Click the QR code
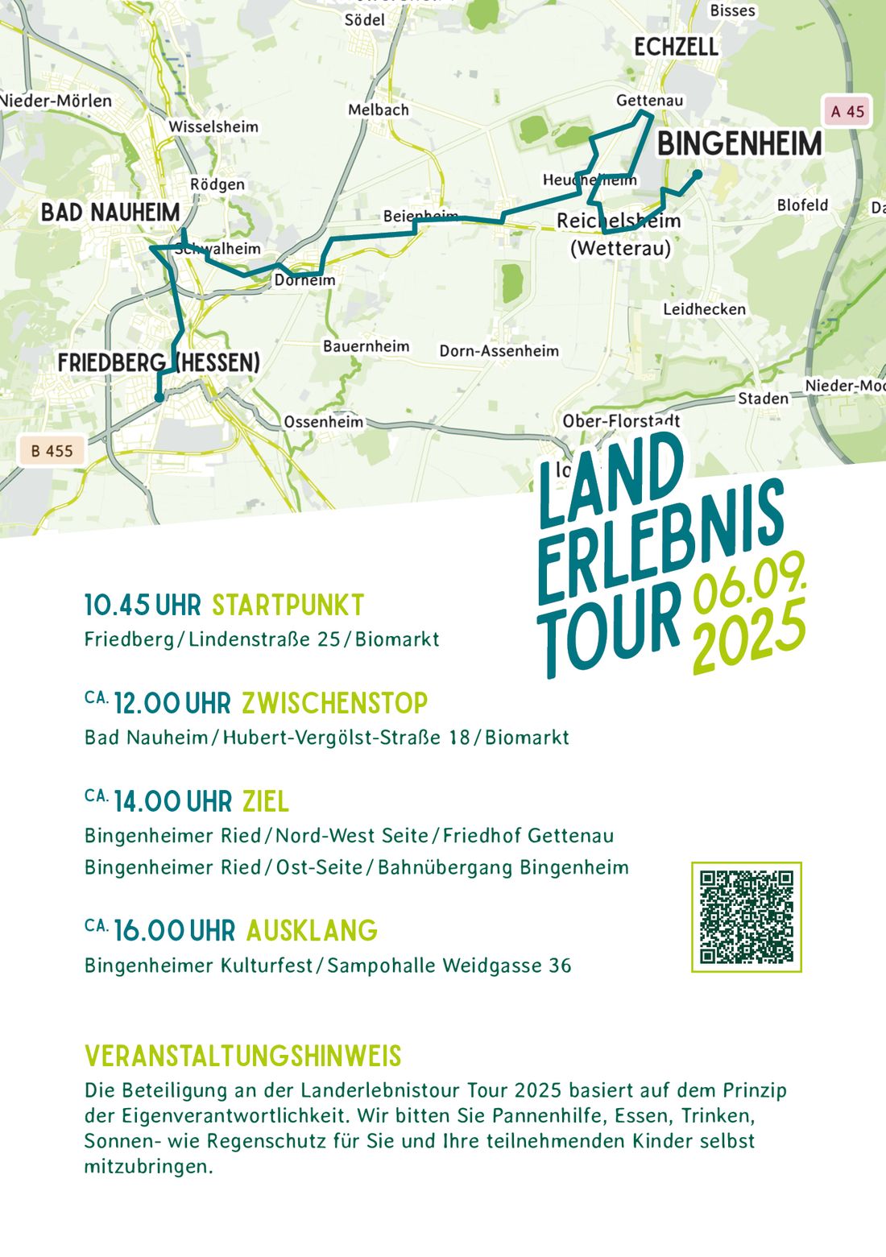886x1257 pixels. (x=747, y=916)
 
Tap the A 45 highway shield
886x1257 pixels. (x=847, y=111)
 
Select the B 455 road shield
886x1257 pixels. (x=52, y=451)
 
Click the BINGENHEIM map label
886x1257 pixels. (x=739, y=145)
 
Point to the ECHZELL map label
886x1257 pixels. (x=676, y=48)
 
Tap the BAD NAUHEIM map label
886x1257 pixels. (x=110, y=213)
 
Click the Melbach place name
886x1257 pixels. (x=379, y=110)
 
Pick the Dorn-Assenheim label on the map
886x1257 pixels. (x=499, y=351)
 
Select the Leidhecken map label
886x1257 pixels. (x=704, y=309)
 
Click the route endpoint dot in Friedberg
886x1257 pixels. (x=159, y=397)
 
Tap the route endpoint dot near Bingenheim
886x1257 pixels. (x=697, y=174)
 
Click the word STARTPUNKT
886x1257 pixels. (x=288, y=606)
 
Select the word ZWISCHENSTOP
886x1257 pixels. (x=335, y=704)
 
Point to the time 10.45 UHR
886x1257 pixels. (x=143, y=606)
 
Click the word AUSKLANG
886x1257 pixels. (x=312, y=931)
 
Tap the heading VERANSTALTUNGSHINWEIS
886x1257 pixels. (x=242, y=1056)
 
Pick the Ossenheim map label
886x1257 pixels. (x=323, y=422)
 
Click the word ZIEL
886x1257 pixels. (x=266, y=802)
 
